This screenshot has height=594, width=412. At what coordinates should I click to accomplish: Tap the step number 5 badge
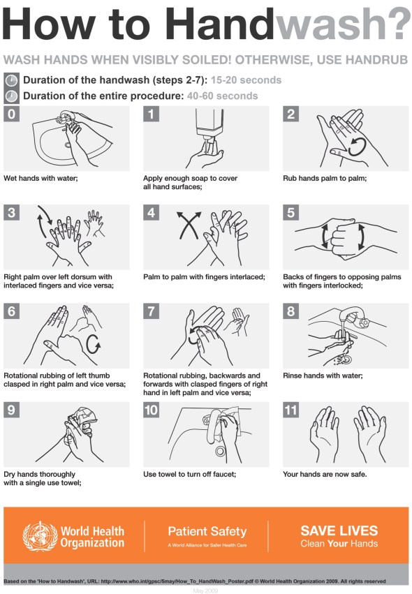(x=290, y=212)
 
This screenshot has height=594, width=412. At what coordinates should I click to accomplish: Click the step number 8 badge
(x=290, y=311)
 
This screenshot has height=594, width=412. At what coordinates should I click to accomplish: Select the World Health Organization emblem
(x=39, y=535)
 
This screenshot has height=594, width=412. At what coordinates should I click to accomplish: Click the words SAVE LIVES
(x=339, y=530)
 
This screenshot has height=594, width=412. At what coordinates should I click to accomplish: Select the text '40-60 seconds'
(x=222, y=96)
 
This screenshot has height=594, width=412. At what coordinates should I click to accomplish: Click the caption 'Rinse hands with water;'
(x=323, y=376)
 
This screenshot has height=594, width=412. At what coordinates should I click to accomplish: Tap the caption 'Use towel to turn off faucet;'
(x=190, y=475)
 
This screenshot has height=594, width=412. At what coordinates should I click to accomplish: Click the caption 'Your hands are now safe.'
(x=325, y=475)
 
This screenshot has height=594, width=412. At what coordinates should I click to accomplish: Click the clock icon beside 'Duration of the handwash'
(x=10, y=80)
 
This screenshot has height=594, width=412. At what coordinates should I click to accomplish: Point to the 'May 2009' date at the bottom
(x=206, y=590)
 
